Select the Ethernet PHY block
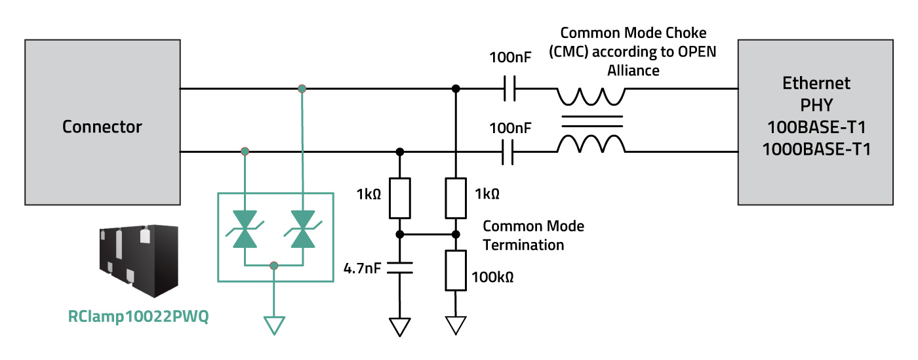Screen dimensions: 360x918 pos(816,121)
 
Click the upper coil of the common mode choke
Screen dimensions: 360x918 pos(591,97)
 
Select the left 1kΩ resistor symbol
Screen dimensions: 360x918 pos(399,198)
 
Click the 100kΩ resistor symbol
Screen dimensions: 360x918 pos(455,270)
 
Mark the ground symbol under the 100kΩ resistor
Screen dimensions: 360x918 pos(455,325)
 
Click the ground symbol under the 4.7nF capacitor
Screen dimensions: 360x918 pos(399,327)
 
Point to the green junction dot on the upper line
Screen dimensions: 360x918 pos(302,89)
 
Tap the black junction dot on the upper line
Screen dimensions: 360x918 pos(455,89)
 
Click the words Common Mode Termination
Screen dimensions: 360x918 pos(532,235)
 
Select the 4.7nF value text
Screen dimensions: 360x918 pos(363,268)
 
